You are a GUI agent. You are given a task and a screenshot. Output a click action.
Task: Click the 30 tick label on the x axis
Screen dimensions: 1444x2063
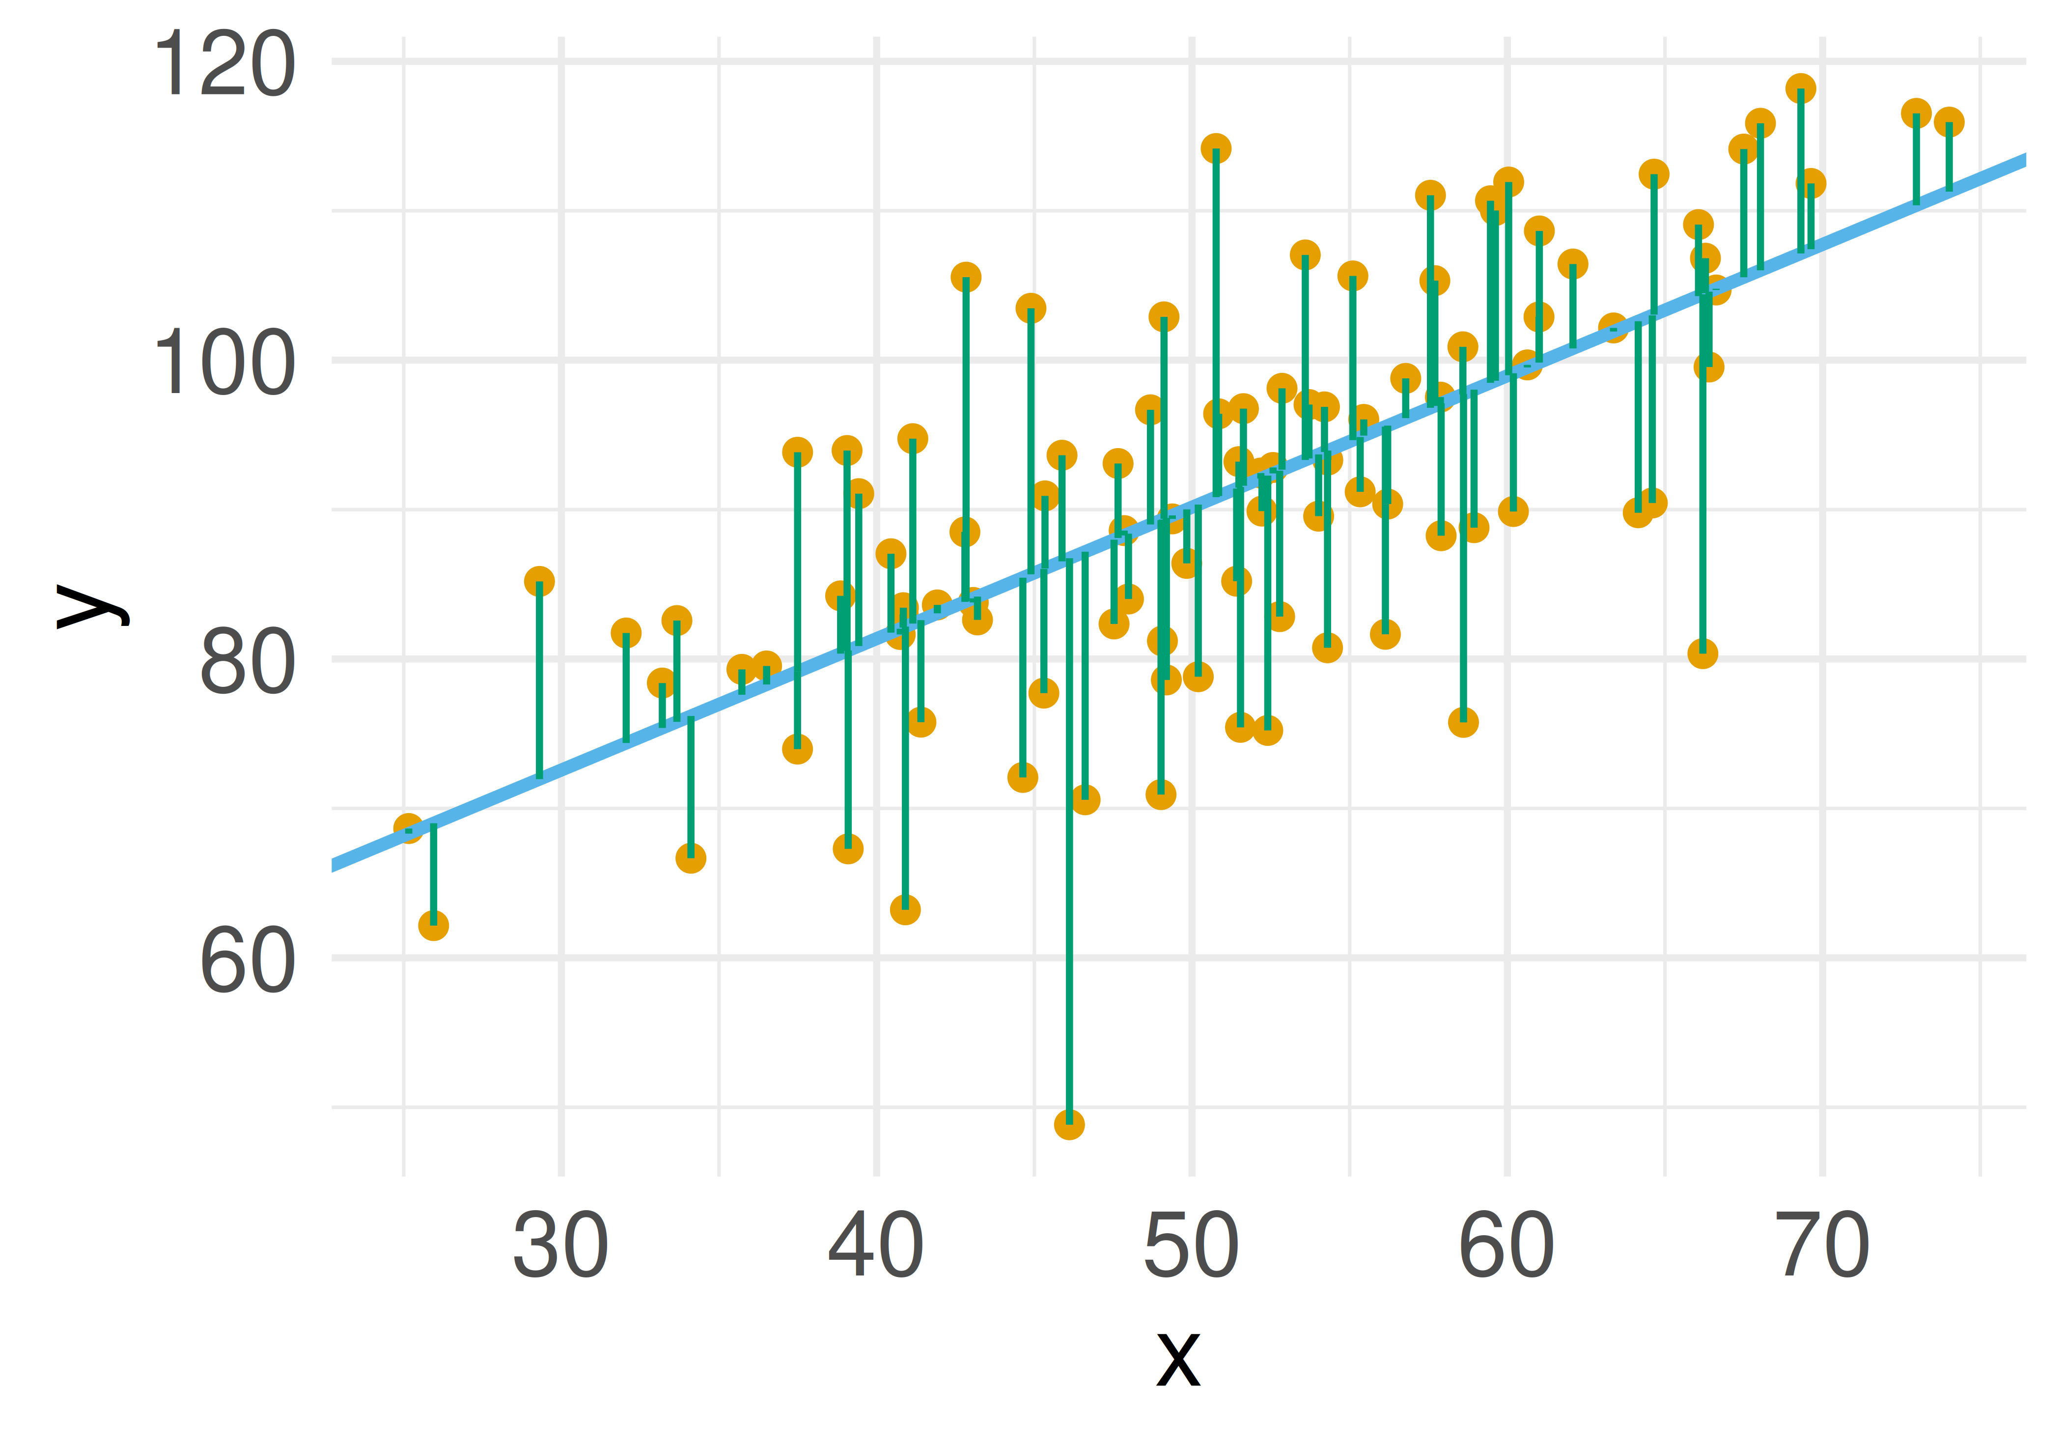[560, 1246]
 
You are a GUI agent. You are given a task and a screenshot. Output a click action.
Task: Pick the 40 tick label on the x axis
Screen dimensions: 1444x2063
[876, 1246]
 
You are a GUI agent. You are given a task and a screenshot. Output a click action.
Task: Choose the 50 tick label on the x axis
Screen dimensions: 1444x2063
[1192, 1246]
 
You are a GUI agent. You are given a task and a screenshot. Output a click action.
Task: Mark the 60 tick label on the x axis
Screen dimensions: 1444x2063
[1507, 1246]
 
